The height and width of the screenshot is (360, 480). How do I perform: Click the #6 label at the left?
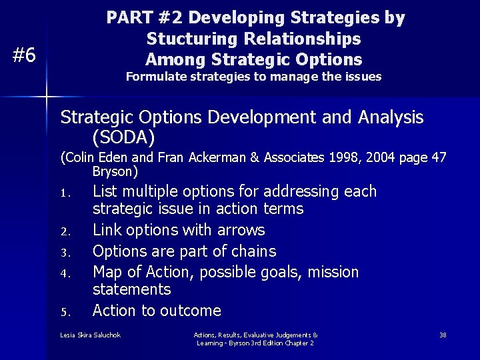click(x=25, y=55)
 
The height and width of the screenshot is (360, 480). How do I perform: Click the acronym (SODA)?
click(x=123, y=137)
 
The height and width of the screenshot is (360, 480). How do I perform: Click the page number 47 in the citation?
click(x=439, y=158)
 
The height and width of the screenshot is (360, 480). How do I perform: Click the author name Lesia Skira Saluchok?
click(x=90, y=335)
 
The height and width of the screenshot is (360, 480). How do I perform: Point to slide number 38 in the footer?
click(x=443, y=335)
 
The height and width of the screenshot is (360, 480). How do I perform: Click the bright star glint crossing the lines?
click(x=47, y=97)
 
